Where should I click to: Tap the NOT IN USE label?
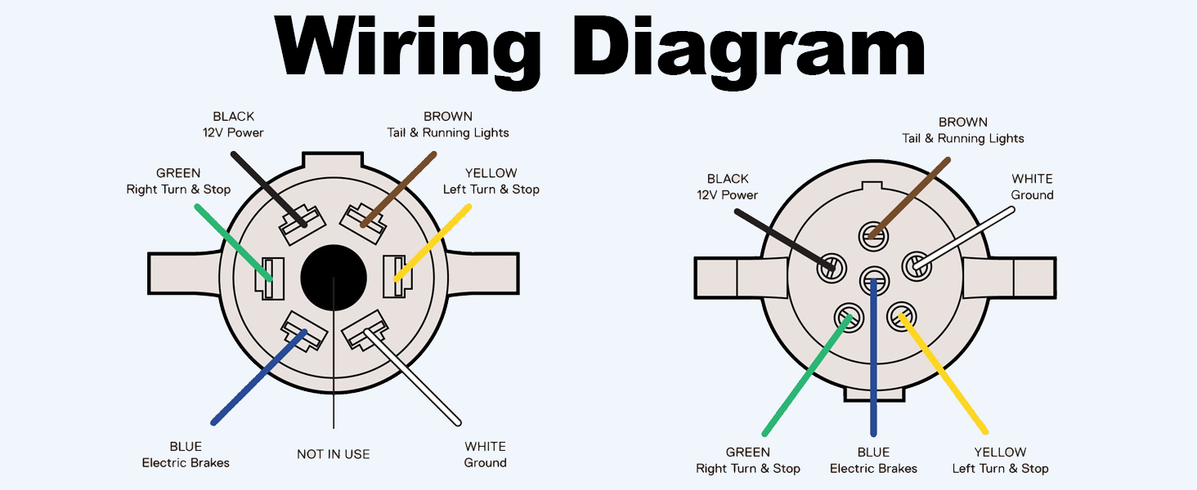click(334, 454)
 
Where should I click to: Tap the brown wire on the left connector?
click(397, 188)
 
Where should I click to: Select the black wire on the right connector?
click(782, 238)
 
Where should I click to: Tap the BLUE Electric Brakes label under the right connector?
click(873, 461)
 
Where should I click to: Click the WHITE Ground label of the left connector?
click(485, 455)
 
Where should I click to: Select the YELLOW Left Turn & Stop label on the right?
click(1000, 461)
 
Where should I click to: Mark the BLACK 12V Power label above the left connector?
click(234, 124)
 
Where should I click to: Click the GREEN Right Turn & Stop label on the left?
click(178, 181)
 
